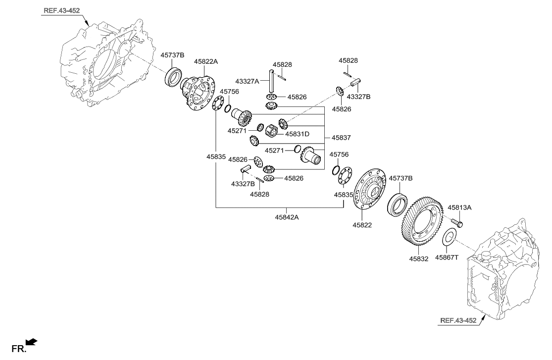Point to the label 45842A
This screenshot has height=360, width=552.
click(x=287, y=216)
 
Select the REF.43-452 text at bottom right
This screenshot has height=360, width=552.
click(x=458, y=320)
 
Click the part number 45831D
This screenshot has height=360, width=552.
click(x=297, y=134)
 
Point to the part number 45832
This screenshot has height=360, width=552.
click(x=419, y=258)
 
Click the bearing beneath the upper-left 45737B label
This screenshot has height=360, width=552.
click(x=173, y=78)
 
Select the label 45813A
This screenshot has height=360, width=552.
click(x=459, y=208)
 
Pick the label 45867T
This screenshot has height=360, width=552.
click(x=448, y=257)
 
